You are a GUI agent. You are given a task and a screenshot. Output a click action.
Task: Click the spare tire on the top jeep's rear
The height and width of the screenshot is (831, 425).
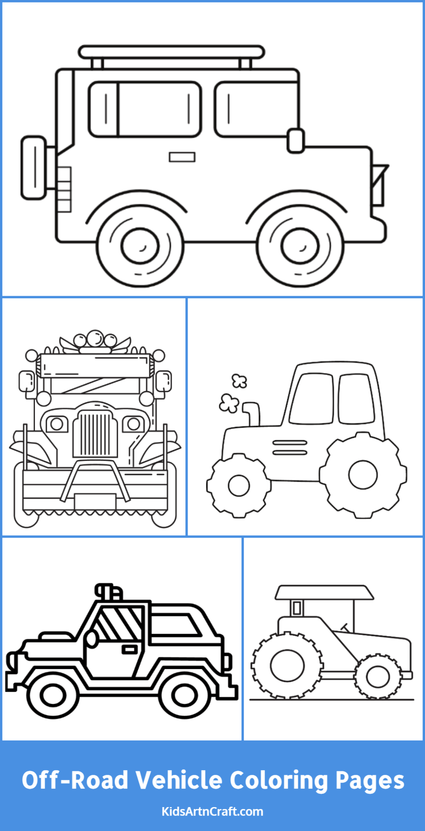point(34,168)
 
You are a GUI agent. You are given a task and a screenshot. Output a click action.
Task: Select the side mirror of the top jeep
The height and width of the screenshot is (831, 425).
point(296,141)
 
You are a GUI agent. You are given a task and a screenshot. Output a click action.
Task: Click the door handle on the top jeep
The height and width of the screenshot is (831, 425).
point(182,157)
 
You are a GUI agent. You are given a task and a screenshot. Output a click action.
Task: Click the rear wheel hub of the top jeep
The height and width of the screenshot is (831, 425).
point(140,246)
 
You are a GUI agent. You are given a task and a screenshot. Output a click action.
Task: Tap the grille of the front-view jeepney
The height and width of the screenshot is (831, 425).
point(95,434)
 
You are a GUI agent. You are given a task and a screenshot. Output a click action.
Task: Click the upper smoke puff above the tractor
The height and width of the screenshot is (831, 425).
point(239,381)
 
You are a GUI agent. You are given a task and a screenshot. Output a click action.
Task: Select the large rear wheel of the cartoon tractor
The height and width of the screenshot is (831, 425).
point(362,475)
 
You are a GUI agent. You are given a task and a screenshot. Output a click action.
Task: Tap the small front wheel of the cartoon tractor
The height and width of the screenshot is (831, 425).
point(238,486)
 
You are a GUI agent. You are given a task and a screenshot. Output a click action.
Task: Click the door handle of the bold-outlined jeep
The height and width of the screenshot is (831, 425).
point(130,650)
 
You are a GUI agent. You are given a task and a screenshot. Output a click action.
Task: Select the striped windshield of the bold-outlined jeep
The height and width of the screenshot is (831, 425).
point(120,624)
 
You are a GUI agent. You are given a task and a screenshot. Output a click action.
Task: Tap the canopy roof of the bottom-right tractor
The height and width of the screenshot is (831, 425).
point(324,592)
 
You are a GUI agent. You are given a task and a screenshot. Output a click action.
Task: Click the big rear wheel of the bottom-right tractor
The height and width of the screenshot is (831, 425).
point(287,666)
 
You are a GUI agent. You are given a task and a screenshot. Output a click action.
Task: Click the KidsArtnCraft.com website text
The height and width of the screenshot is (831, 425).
point(212,812)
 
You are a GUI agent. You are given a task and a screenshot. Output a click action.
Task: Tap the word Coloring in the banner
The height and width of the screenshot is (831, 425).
point(279,780)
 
